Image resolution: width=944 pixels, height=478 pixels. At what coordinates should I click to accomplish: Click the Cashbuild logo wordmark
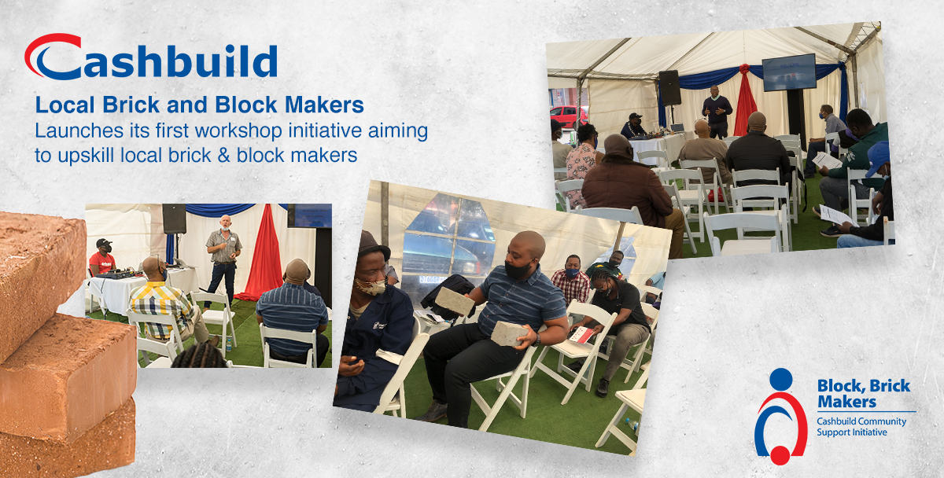point(151,57)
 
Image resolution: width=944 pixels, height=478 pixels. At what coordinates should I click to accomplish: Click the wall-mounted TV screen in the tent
point(789,72)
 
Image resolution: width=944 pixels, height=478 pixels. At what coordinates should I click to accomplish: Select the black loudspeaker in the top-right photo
point(669,87)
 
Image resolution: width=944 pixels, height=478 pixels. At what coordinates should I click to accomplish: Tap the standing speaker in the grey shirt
point(223,258)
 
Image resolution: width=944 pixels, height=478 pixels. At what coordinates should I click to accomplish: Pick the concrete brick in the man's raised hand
point(455,300)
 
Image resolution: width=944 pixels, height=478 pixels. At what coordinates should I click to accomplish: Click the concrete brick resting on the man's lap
point(509,333)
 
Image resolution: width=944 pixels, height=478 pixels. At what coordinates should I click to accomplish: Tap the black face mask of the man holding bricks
point(518,270)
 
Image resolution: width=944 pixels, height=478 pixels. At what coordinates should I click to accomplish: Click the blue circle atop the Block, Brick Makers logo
point(781,379)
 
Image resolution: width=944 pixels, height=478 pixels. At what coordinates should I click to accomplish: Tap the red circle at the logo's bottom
point(780,455)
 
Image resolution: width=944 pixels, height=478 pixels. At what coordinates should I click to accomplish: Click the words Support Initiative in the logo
point(852,432)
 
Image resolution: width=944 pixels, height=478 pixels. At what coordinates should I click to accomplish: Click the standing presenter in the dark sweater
point(717,112)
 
